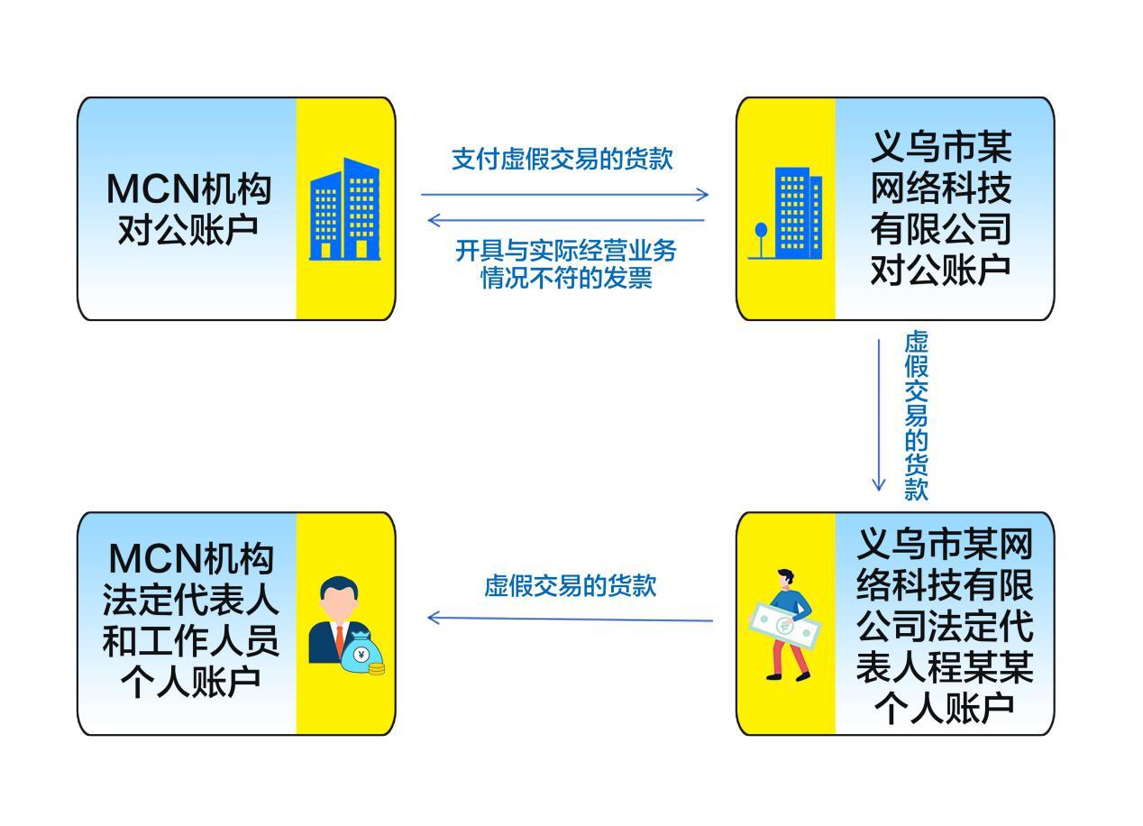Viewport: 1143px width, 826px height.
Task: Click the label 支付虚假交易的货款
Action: coord(562,159)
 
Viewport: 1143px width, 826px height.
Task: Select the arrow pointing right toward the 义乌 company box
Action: coord(564,194)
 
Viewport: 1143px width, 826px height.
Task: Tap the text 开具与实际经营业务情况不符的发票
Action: coord(566,264)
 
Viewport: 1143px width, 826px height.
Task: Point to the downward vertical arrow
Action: coord(879,415)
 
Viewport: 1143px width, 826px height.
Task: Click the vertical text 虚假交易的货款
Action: coord(916,415)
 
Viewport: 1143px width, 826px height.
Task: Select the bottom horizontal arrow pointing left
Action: coord(570,619)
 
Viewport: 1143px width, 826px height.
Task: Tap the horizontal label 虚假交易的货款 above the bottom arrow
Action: coord(571,586)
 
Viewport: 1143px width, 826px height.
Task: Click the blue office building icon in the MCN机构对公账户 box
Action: coord(344,210)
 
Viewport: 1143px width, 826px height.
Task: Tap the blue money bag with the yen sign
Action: coord(361,654)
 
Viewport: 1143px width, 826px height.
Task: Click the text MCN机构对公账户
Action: coord(188,208)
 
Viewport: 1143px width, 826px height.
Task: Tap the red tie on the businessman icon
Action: coord(340,638)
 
